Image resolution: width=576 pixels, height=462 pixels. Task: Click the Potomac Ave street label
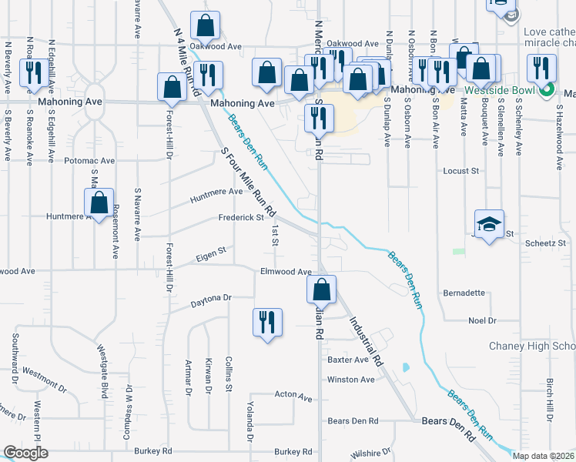tap(89, 161)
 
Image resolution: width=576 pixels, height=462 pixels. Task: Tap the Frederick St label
tap(241, 218)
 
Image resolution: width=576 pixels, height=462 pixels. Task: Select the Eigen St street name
tap(211, 251)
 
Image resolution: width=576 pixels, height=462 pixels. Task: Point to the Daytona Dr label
tap(211, 298)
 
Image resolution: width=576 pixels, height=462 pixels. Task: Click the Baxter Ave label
tap(348, 360)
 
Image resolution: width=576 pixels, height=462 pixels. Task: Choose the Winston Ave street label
tap(350, 380)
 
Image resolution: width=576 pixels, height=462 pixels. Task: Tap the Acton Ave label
tap(293, 397)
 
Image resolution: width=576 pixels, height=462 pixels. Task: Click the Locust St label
tap(461, 171)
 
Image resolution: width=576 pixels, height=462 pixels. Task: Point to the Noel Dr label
tap(483, 320)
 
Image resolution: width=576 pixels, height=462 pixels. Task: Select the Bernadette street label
tap(464, 293)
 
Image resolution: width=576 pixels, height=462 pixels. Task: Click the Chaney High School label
tap(531, 346)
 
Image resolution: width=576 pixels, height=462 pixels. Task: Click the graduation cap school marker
tap(489, 224)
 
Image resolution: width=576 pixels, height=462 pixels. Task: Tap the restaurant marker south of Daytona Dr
tap(267, 323)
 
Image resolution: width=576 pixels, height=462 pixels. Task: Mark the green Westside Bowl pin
tap(547, 91)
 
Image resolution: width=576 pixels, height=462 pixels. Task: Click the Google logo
tap(25, 453)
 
